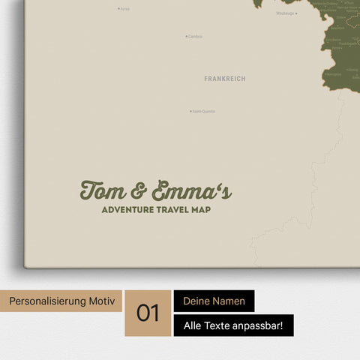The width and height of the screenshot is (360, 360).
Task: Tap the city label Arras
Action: [125, 9]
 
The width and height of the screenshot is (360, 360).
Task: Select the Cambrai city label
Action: [196, 36]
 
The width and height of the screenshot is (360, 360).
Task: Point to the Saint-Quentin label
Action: [204, 112]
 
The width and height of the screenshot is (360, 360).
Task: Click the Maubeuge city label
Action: [285, 13]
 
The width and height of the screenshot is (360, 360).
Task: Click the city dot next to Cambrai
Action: [187, 36]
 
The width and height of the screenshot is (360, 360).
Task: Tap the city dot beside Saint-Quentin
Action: [190, 112]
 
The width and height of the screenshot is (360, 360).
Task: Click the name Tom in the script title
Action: [103, 190]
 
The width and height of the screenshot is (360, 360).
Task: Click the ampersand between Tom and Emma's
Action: [139, 191]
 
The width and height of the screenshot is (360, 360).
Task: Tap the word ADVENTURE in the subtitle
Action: [128, 210]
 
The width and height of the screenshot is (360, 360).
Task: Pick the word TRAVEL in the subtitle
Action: [176, 210]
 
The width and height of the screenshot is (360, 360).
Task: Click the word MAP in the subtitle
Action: [202, 210]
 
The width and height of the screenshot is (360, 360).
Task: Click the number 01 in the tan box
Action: [148, 313]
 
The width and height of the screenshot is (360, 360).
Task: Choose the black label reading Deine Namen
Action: [214, 301]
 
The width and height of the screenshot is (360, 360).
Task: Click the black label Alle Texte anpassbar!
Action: [233, 325]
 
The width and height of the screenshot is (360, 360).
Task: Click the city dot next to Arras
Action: [118, 9]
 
